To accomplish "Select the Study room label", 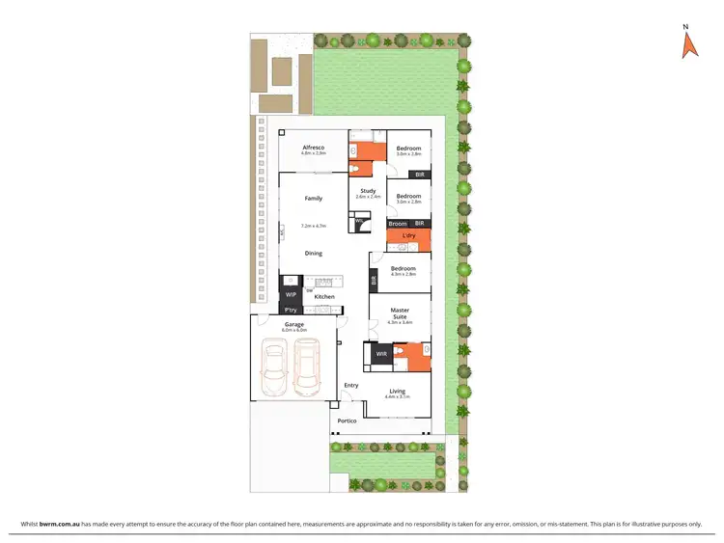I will coord(368,190).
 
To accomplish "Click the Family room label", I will coord(314,198).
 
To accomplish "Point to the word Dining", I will coord(314,253).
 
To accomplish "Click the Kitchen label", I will coord(324,296).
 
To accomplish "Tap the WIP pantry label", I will coord(290,295).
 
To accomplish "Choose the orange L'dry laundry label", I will coord(408,235).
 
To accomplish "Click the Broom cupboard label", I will coord(397,223).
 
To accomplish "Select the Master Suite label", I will coord(400,312).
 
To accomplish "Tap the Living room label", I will coord(397,391).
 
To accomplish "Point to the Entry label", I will coord(350,385).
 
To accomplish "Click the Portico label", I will coord(347,421).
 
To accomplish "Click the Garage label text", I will coord(293,324).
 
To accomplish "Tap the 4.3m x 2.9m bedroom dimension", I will coord(404,274).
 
